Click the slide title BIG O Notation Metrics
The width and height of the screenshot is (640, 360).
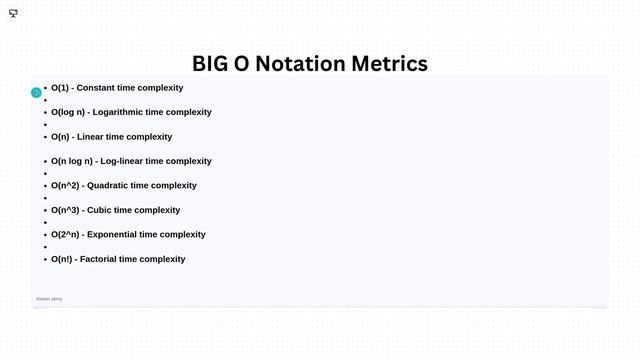pos(310,64)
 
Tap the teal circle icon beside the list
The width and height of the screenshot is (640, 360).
pos(36,93)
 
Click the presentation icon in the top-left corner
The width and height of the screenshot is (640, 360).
pos(13,14)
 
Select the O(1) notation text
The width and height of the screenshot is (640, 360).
pos(59,88)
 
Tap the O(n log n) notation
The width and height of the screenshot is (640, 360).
pos(72,161)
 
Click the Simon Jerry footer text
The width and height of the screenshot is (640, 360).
pos(49,299)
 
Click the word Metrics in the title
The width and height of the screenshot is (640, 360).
pos(389,64)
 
